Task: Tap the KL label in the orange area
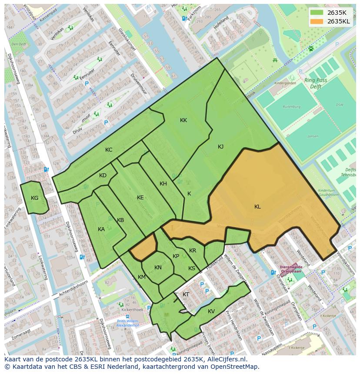click(x=257, y=207)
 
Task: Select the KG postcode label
click(x=35, y=198)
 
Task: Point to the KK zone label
click(x=183, y=120)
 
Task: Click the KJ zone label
click(x=220, y=147)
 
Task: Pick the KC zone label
click(x=109, y=150)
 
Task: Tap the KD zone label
click(x=103, y=175)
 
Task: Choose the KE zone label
click(x=140, y=198)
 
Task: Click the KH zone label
click(x=163, y=184)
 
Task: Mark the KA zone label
click(x=101, y=229)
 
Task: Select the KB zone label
click(x=120, y=220)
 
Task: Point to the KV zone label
click(x=211, y=311)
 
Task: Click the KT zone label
click(x=186, y=295)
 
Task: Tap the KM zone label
click(x=142, y=277)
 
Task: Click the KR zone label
click(x=193, y=251)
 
